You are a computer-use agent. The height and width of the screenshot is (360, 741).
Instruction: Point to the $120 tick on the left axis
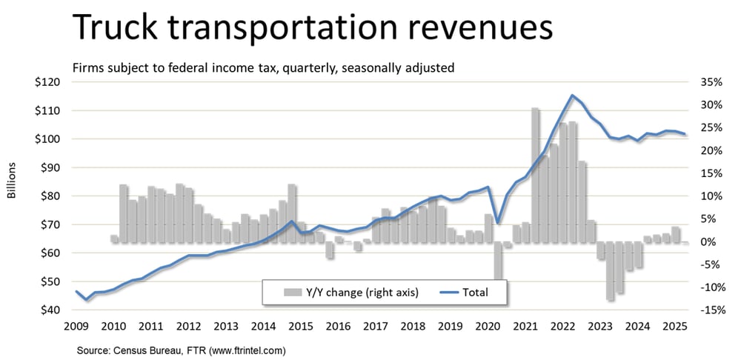point(48,82)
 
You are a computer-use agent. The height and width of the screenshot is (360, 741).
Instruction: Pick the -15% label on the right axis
point(709,310)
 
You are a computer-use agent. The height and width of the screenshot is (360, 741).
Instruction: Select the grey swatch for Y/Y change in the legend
point(292,293)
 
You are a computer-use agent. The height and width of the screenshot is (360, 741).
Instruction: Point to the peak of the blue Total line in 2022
point(571,96)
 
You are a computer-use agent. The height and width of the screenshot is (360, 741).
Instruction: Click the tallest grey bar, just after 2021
point(535,175)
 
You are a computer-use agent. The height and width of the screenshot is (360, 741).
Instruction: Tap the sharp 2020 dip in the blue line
point(498,222)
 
